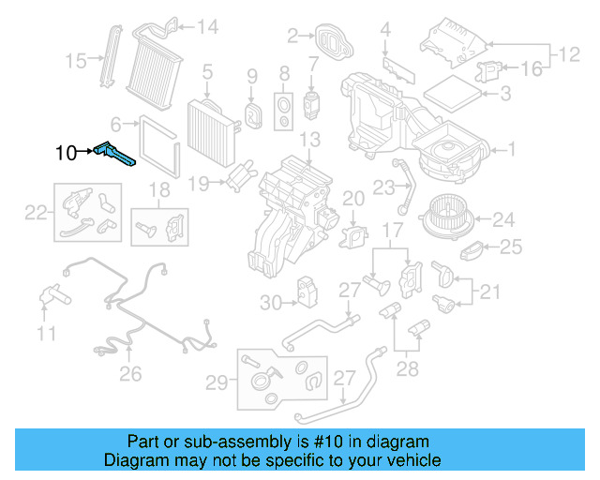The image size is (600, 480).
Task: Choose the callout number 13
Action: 308,140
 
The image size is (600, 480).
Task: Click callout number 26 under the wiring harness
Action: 130,374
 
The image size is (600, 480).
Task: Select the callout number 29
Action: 217,382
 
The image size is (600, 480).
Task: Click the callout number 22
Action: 35,213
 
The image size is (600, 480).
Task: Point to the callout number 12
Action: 566,55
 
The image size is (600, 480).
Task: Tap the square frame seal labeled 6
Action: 151,142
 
